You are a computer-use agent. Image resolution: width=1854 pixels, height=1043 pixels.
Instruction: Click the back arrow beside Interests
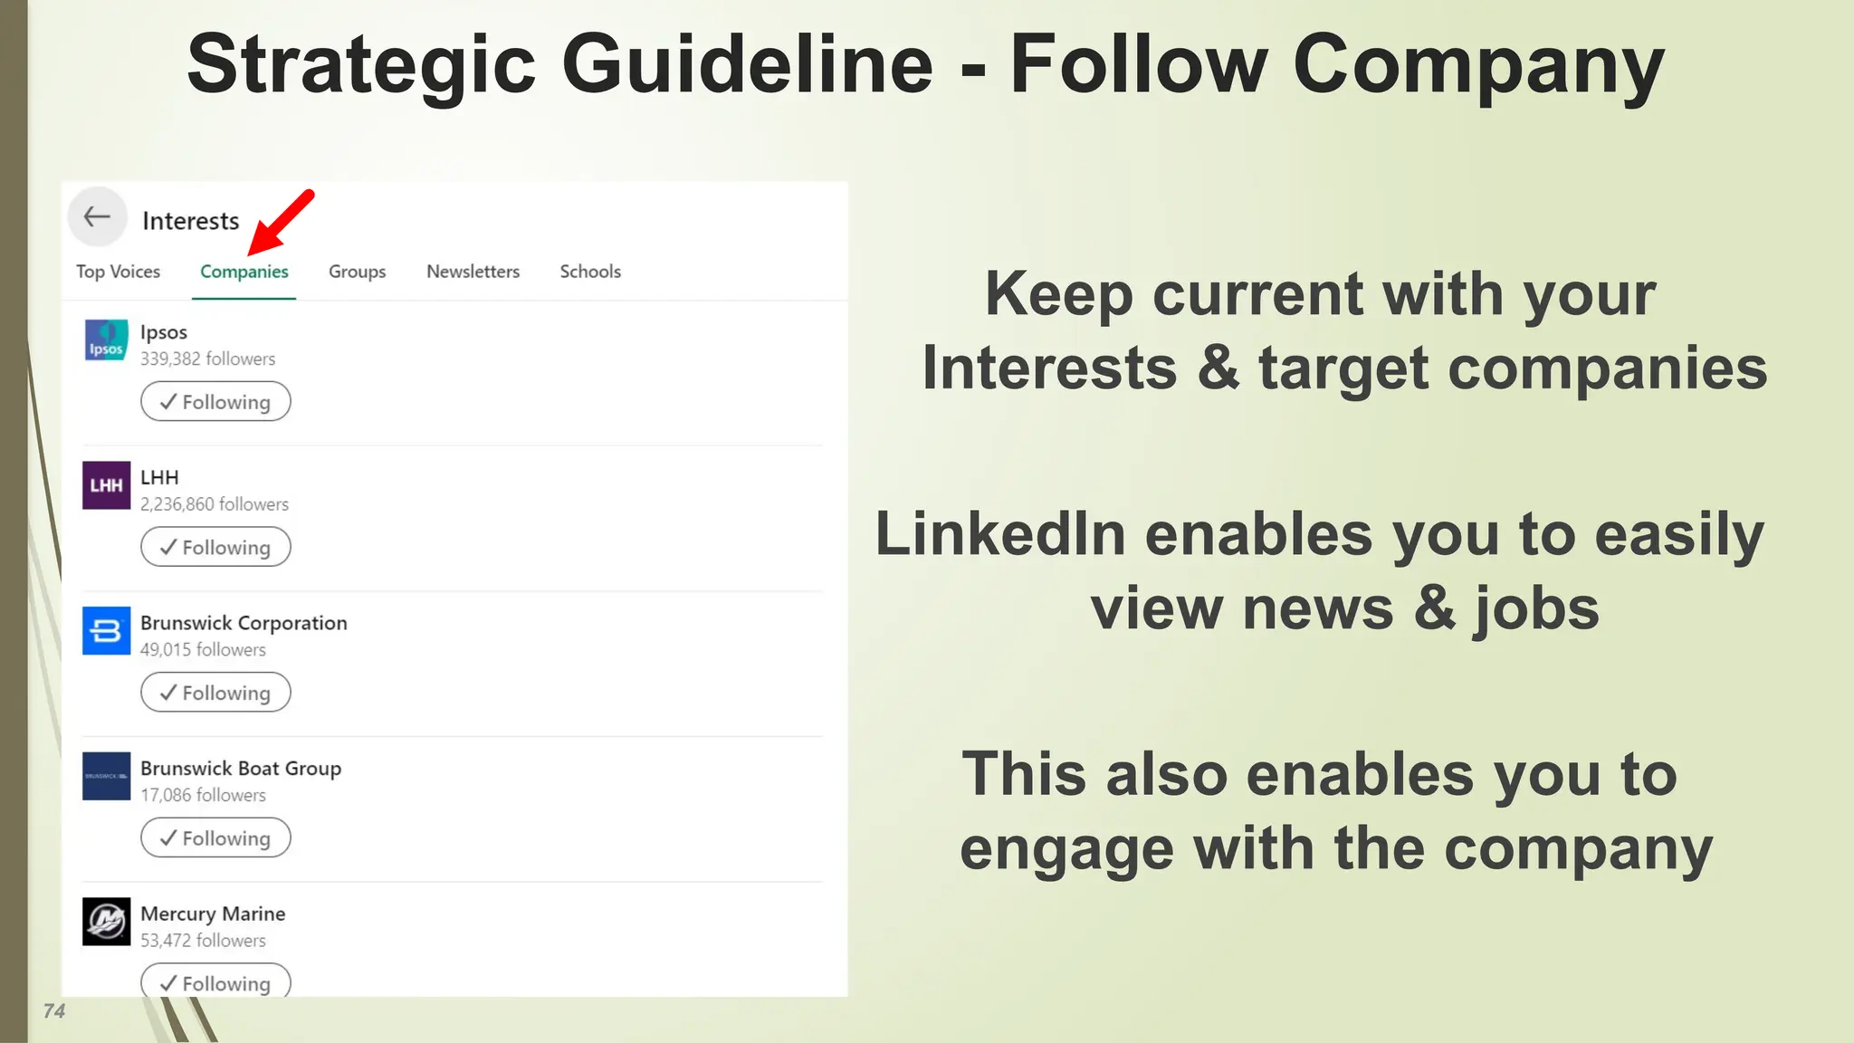click(97, 217)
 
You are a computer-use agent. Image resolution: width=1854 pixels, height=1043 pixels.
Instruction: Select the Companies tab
click(244, 272)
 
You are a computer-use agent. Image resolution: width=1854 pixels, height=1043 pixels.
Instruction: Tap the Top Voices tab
click(118, 272)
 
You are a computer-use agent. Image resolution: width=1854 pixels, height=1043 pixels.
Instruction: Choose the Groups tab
click(357, 272)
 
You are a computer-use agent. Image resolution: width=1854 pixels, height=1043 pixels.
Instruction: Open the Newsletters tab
click(473, 272)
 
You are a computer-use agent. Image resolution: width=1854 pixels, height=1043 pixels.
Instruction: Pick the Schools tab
click(590, 272)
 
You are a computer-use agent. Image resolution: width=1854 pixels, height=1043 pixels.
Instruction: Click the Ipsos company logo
click(106, 340)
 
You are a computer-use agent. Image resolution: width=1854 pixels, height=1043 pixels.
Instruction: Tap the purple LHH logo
click(106, 485)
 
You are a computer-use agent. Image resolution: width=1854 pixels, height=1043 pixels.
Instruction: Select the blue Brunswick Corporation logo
click(106, 630)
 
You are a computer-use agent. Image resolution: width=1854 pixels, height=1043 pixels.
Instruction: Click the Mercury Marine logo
click(106, 922)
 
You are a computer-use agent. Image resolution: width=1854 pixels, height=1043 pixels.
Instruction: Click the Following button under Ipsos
click(215, 402)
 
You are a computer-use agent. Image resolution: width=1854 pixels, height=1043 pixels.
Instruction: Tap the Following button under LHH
click(215, 548)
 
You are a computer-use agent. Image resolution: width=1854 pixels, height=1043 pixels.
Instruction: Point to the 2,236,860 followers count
click(215, 504)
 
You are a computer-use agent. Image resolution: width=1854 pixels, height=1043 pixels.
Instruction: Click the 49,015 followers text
click(203, 650)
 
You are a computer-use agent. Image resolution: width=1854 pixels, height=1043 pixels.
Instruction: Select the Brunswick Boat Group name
click(241, 769)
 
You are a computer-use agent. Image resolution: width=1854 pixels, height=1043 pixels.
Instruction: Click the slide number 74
click(54, 1011)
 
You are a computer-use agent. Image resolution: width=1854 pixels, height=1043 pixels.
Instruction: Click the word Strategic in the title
click(361, 65)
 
